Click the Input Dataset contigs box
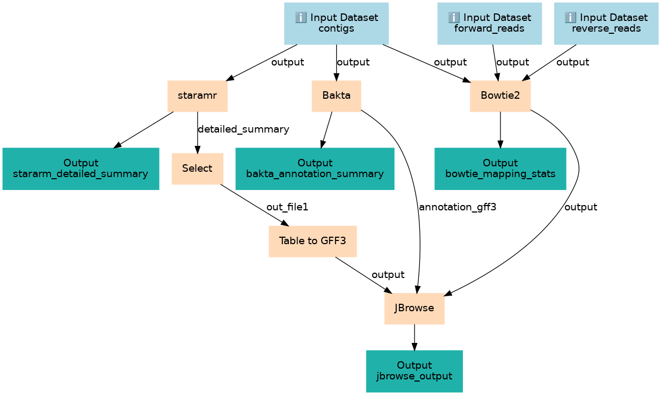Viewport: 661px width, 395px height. click(x=336, y=23)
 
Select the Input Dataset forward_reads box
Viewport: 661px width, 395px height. click(x=489, y=23)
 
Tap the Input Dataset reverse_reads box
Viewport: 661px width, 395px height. click(x=606, y=23)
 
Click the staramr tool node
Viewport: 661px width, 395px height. click(x=197, y=96)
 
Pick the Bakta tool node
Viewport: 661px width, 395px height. click(x=336, y=96)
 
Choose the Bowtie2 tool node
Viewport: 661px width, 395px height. click(x=500, y=96)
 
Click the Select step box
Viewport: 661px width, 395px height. click(x=197, y=169)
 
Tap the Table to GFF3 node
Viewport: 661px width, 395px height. click(x=313, y=241)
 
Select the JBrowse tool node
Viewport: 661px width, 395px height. click(x=414, y=309)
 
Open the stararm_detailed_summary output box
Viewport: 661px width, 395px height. click(x=81, y=169)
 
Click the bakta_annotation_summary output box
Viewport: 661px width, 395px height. click(x=315, y=169)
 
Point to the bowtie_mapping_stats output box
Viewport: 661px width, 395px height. click(x=500, y=169)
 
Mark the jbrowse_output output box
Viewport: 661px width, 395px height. click(x=414, y=371)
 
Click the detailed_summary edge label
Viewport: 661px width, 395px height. click(x=243, y=129)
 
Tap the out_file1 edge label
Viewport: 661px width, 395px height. click(x=287, y=207)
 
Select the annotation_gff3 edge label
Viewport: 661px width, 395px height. click(x=457, y=207)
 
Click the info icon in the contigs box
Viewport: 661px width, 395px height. click(x=301, y=18)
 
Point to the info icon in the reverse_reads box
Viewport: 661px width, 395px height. click(x=570, y=18)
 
